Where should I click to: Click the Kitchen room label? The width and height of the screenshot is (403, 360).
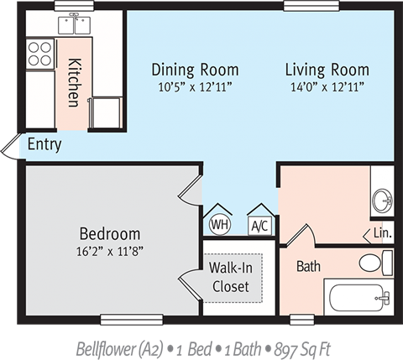[x=74, y=81]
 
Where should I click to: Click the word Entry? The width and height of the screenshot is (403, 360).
[x=44, y=144]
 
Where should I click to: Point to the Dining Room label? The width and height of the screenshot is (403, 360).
[x=195, y=70]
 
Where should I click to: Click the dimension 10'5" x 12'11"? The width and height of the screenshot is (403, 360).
[x=195, y=86]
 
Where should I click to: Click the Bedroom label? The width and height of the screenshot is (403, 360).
[x=109, y=233]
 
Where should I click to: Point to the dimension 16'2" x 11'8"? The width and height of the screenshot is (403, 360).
[x=109, y=249]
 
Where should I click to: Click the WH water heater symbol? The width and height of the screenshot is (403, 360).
[x=219, y=223]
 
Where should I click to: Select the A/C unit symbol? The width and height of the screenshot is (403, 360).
[x=259, y=224]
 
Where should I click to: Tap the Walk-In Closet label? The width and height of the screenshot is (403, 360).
[x=230, y=278]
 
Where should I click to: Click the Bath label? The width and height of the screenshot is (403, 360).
[x=308, y=266]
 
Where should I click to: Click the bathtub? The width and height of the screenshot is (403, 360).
[x=359, y=297]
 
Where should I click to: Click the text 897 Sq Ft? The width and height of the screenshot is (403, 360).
[x=297, y=347]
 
